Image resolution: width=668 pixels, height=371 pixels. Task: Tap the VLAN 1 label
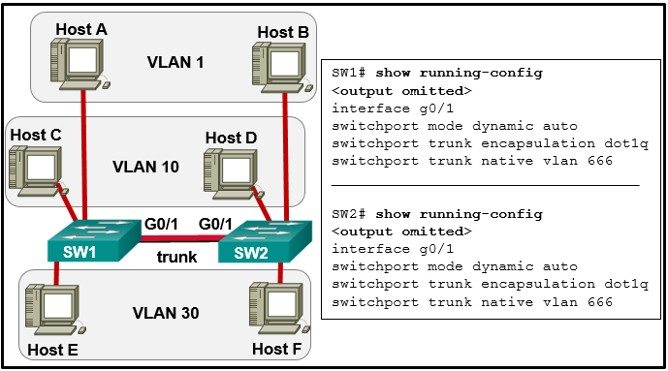point(175,63)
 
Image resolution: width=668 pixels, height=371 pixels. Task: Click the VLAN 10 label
point(145,167)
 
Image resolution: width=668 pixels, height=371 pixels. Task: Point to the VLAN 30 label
point(166,313)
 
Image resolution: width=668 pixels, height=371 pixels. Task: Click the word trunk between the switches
point(177,258)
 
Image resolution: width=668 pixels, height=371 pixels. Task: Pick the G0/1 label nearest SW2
point(215,224)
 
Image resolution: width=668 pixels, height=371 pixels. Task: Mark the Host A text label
point(81,29)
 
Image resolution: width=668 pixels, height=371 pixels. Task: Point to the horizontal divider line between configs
point(485,183)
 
